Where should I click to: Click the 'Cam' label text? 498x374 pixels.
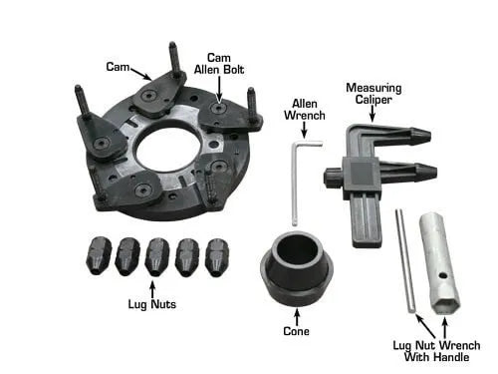click(x=118, y=67)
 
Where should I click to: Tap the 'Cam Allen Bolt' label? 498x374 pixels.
click(x=219, y=64)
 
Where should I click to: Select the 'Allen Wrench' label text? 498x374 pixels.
click(x=305, y=110)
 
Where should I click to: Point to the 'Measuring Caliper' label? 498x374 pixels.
click(x=373, y=94)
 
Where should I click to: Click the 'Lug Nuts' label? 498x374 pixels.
click(x=152, y=304)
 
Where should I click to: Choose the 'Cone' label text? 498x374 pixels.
click(x=296, y=331)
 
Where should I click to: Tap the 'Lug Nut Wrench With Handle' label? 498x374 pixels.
click(x=436, y=351)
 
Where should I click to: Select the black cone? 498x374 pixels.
click(x=297, y=268)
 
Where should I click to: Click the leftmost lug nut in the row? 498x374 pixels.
click(x=99, y=255)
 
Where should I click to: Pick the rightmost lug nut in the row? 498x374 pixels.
click(x=217, y=257)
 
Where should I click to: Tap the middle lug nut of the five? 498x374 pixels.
click(x=157, y=256)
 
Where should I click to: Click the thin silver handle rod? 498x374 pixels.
click(x=405, y=260)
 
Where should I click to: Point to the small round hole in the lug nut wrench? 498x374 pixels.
click(x=441, y=275)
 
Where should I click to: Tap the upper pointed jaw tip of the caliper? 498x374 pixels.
click(x=430, y=136)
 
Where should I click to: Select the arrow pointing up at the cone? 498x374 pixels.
click(x=297, y=317)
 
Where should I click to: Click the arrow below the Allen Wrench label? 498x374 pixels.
click(x=304, y=130)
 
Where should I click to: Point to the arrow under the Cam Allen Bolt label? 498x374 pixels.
click(x=219, y=89)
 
